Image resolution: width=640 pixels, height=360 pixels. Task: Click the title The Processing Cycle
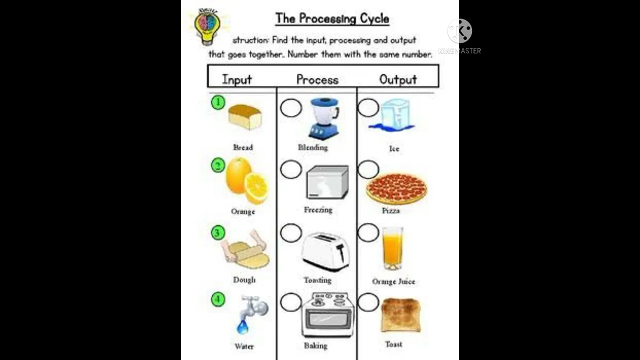pyautogui.click(x=332, y=19)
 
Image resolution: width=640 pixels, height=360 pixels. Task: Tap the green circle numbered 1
pyautogui.click(x=218, y=102)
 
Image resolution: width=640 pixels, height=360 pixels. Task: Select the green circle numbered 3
pyautogui.click(x=218, y=232)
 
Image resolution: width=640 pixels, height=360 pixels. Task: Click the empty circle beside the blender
pyautogui.click(x=291, y=108)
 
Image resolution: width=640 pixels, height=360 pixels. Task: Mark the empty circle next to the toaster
pyautogui.click(x=291, y=233)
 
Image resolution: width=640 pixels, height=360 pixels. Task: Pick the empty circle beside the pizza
pyautogui.click(x=368, y=170)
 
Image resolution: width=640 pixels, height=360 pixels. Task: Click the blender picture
pyautogui.click(x=324, y=118)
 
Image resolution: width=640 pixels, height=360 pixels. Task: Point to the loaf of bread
pyautogui.click(x=245, y=117)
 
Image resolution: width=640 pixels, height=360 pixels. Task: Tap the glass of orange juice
pyautogui.click(x=392, y=248)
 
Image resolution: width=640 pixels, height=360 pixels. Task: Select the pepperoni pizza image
pyautogui.click(x=396, y=188)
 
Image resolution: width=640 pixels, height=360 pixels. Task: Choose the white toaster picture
pyautogui.click(x=325, y=251)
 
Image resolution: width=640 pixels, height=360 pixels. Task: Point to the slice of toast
pyautogui.click(x=400, y=315)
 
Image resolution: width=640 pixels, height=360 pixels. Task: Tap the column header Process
pyautogui.click(x=317, y=79)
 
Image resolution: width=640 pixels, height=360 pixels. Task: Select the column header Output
pyautogui.click(x=398, y=79)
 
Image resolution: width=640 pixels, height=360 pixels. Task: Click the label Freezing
pyautogui.click(x=318, y=210)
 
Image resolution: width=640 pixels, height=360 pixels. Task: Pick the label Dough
pyautogui.click(x=244, y=280)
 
